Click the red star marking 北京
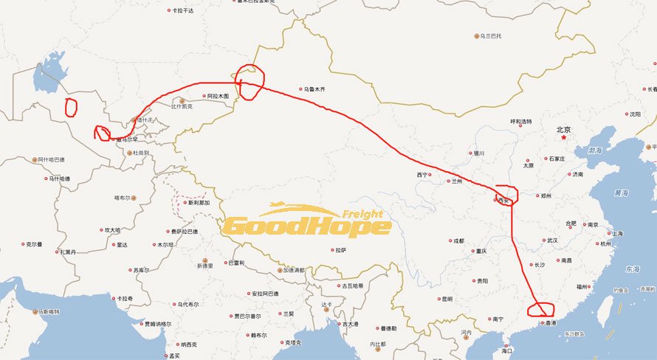[563, 136]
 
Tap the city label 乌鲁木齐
[314, 89]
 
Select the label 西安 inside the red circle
[505, 200]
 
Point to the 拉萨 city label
[340, 250]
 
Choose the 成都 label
[459, 240]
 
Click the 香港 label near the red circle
[550, 323]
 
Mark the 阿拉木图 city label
[218, 96]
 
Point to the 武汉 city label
[552, 240]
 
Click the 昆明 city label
[446, 299]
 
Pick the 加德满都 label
[293, 270]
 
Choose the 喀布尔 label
[122, 198]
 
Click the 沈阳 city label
[635, 114]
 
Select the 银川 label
[478, 153]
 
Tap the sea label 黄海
[621, 193]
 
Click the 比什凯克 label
[182, 106]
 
